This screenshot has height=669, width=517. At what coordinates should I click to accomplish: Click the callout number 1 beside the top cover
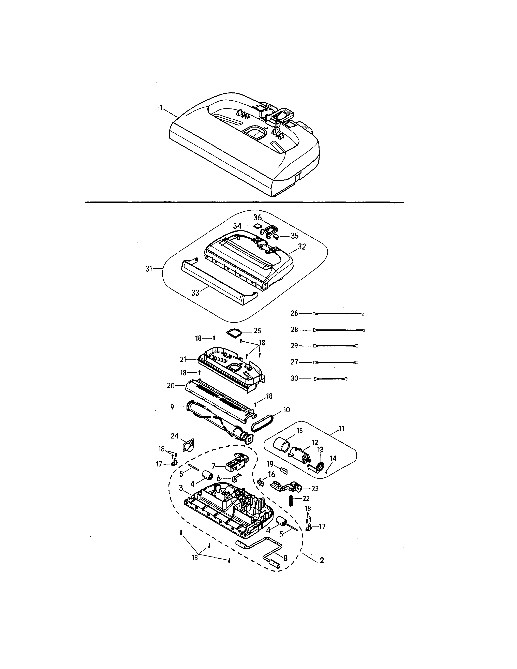point(161,108)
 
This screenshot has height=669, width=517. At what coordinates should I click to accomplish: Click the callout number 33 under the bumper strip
point(195,293)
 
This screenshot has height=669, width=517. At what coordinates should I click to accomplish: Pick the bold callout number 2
point(321,561)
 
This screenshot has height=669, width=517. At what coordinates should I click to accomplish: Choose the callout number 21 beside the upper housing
point(183,359)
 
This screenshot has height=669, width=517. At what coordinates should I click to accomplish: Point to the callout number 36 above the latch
point(257,218)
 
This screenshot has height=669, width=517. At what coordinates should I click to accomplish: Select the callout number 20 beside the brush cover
point(171,386)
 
